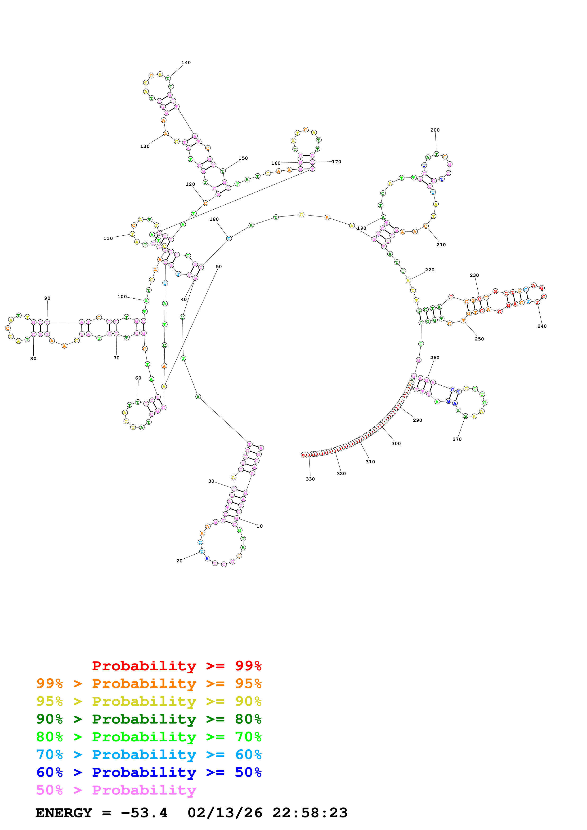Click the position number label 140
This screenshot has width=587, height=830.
[186, 62]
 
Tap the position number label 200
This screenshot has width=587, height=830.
[435, 130]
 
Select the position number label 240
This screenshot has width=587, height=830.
[542, 326]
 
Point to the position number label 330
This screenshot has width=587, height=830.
[310, 479]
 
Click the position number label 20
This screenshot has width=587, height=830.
[179, 561]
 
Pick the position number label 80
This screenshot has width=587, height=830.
[33, 359]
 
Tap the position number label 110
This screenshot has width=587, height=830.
[108, 238]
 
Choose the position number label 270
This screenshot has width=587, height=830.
[457, 439]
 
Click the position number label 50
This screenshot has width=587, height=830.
[219, 266]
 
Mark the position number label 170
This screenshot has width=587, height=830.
[336, 162]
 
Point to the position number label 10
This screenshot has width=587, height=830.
[260, 526]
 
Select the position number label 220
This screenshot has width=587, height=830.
[430, 270]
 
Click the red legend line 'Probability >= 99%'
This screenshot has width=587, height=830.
[176, 666]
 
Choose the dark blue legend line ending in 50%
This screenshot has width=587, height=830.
[149, 772]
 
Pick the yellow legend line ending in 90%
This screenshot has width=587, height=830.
[149, 701]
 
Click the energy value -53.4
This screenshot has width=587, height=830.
[144, 813]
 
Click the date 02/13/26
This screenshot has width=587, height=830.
[225, 813]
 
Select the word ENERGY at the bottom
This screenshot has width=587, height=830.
[64, 813]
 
